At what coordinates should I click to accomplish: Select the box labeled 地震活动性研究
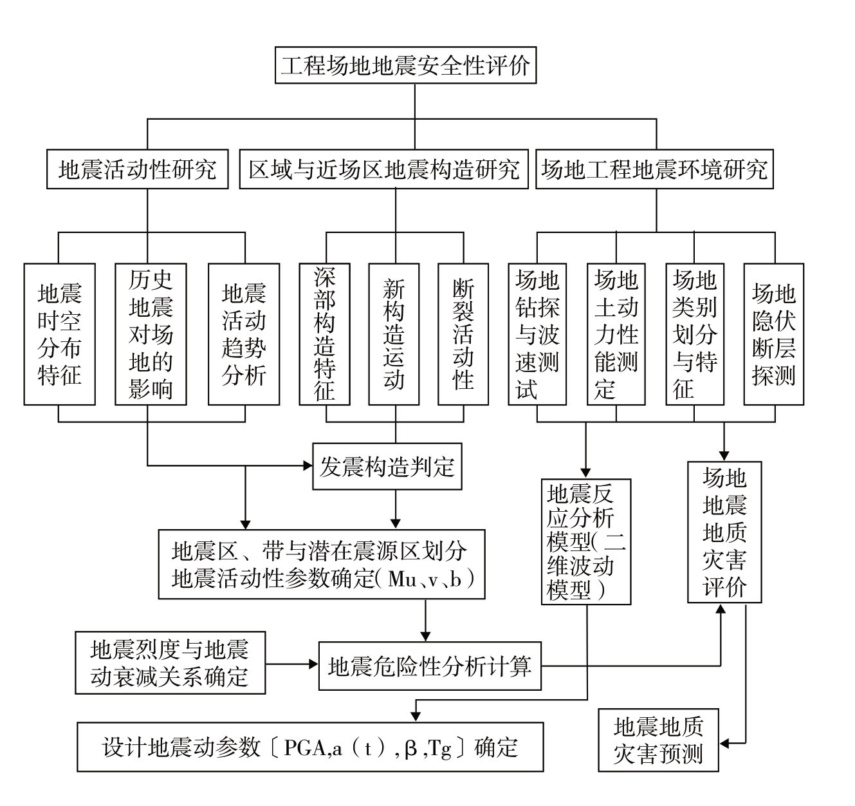(138, 170)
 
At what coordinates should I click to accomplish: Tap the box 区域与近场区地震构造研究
(384, 170)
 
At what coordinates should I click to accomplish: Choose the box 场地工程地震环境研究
(654, 170)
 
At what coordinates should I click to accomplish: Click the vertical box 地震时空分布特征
(60, 334)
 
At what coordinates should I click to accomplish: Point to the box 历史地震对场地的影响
(151, 334)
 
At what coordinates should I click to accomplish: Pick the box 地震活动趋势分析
(244, 334)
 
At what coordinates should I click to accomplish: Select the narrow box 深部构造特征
(325, 334)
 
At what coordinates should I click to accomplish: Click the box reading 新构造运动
(394, 334)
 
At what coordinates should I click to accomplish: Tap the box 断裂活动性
(463, 334)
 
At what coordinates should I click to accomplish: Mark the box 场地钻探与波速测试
(537, 334)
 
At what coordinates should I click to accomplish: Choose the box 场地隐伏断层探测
(774, 334)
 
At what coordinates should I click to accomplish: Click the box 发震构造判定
(387, 467)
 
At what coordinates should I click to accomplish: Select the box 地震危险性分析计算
(430, 666)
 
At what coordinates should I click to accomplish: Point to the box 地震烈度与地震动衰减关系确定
(170, 662)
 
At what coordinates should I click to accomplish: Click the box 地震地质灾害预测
(658, 740)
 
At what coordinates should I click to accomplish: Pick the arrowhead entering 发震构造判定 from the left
(307, 465)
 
